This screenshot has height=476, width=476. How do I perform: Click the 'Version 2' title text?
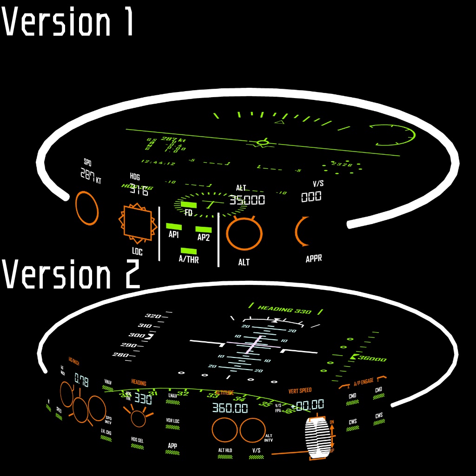[x=71, y=274]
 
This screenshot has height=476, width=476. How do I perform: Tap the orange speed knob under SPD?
[x=87, y=208]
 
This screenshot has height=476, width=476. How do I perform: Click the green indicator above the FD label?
[x=188, y=205]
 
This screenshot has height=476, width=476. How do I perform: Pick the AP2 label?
[x=204, y=238]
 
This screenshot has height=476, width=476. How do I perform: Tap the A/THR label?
[x=189, y=259]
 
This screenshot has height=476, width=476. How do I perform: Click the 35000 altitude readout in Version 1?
[x=247, y=200]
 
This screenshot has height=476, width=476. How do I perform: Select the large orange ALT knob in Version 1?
[x=244, y=234]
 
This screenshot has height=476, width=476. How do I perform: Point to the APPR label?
[x=314, y=259]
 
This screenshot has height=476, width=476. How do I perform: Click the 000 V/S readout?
[x=311, y=197]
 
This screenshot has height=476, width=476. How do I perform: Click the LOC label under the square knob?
[x=137, y=252]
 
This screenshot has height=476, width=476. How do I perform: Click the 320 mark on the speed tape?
[x=153, y=316]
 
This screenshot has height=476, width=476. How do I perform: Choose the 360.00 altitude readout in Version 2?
[x=230, y=408]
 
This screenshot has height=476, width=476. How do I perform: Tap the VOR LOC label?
[x=172, y=421]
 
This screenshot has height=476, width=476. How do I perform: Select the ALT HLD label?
[x=225, y=450]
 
